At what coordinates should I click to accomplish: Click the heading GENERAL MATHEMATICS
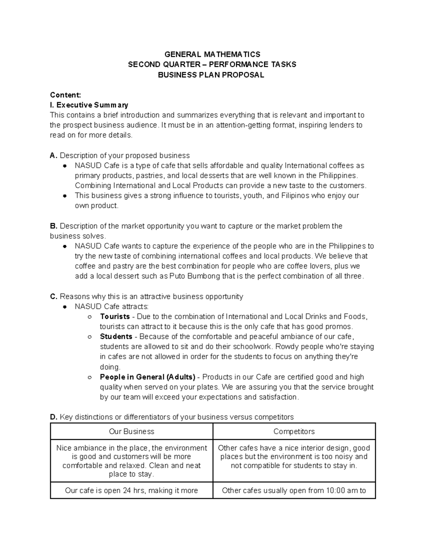click(x=212, y=54)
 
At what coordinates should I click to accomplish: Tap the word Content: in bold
click(x=66, y=95)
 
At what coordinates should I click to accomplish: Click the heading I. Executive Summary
click(x=89, y=105)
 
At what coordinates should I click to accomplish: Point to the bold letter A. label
click(x=53, y=155)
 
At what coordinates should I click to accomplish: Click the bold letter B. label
click(x=53, y=226)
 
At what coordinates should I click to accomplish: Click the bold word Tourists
click(x=115, y=317)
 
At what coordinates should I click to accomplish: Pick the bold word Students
click(x=116, y=336)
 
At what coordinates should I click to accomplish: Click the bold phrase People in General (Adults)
click(x=148, y=377)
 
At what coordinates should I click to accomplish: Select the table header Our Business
click(x=131, y=431)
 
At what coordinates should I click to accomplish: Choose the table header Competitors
click(x=294, y=431)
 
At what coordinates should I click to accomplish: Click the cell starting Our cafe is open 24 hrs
click(x=131, y=491)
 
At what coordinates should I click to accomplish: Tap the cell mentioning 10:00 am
click(x=294, y=491)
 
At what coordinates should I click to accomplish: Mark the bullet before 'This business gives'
click(x=65, y=196)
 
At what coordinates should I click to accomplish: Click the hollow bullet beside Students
click(x=90, y=337)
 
